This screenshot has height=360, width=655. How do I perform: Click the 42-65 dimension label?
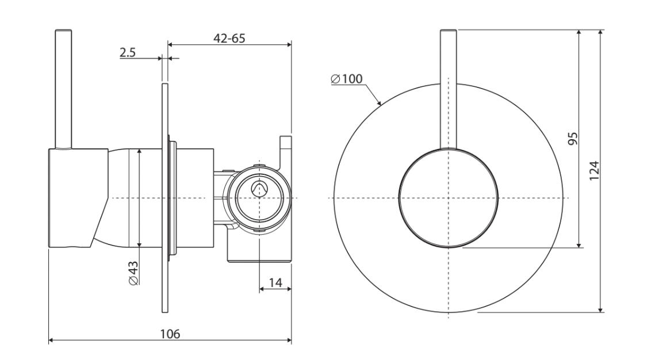pos(229,38)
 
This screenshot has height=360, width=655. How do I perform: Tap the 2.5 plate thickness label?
pos(128,53)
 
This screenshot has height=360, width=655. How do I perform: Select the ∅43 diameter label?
pos(133,273)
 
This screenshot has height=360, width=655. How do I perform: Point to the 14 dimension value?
pos(275,283)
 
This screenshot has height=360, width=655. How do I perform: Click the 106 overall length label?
pos(170,334)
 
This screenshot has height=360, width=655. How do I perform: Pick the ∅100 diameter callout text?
pos(347,79)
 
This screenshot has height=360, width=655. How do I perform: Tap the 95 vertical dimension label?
pos(573,138)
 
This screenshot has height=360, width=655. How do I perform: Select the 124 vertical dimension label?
pos(594,170)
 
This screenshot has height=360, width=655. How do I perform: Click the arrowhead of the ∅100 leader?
pos(380,102)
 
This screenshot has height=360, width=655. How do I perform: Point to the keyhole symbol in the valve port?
pos(259,189)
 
